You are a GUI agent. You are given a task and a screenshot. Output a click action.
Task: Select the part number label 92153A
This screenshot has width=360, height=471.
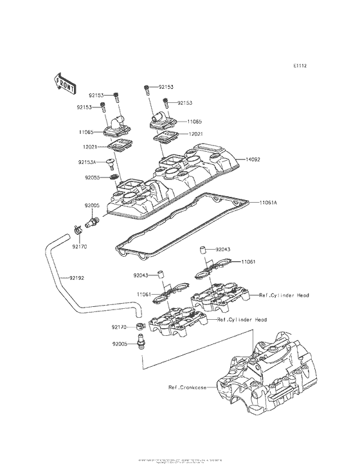pyautogui.click(x=88, y=162)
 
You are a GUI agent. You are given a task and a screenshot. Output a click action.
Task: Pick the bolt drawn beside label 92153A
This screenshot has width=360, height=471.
pyautogui.click(x=111, y=163)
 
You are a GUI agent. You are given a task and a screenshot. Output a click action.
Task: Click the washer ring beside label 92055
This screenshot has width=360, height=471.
pyautogui.click(x=114, y=177)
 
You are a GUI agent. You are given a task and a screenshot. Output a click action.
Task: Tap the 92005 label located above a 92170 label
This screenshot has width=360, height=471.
pyautogui.click(x=91, y=205)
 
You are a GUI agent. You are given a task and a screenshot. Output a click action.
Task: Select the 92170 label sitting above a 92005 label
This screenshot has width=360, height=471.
pyautogui.click(x=118, y=327)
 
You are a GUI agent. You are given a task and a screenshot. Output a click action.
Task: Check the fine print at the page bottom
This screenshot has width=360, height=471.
pyautogui.click(x=180, y=461)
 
